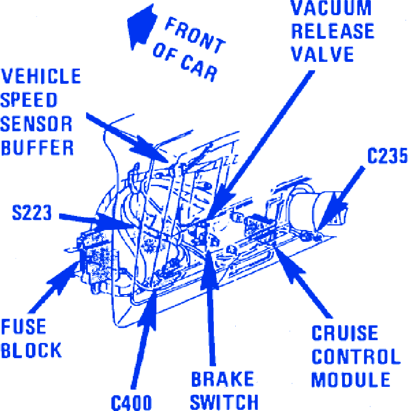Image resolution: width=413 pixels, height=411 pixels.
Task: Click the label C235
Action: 387,156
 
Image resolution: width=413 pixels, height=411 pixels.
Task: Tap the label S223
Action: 32,213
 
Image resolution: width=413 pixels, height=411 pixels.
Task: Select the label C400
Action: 131,403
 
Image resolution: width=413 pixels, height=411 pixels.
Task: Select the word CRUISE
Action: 345,333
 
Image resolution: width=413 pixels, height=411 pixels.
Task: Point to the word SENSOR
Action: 37,124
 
